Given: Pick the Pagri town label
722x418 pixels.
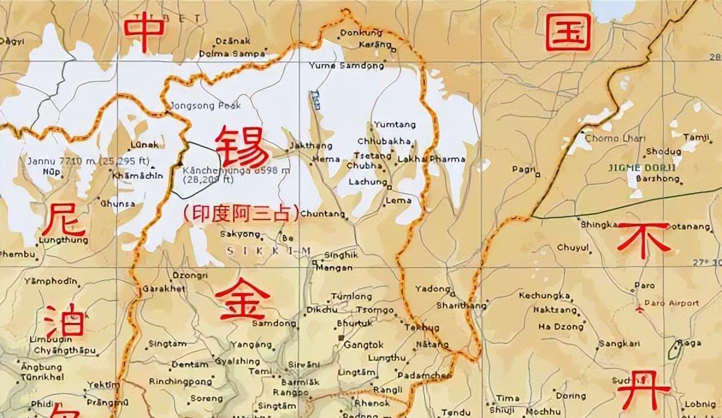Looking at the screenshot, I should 523,169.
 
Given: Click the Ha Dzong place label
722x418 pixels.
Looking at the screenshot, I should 561,327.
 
